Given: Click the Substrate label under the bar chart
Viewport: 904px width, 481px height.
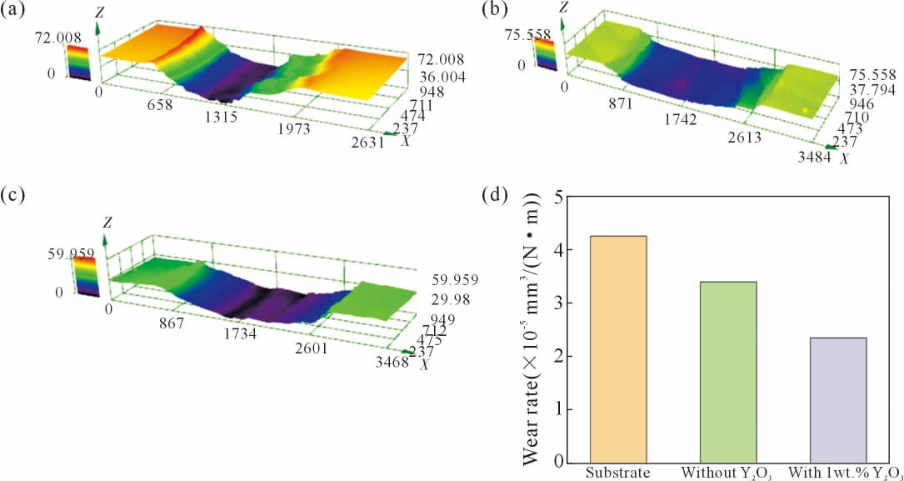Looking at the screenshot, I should [618, 473].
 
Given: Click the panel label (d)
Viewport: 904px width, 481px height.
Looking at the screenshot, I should [498, 196].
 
